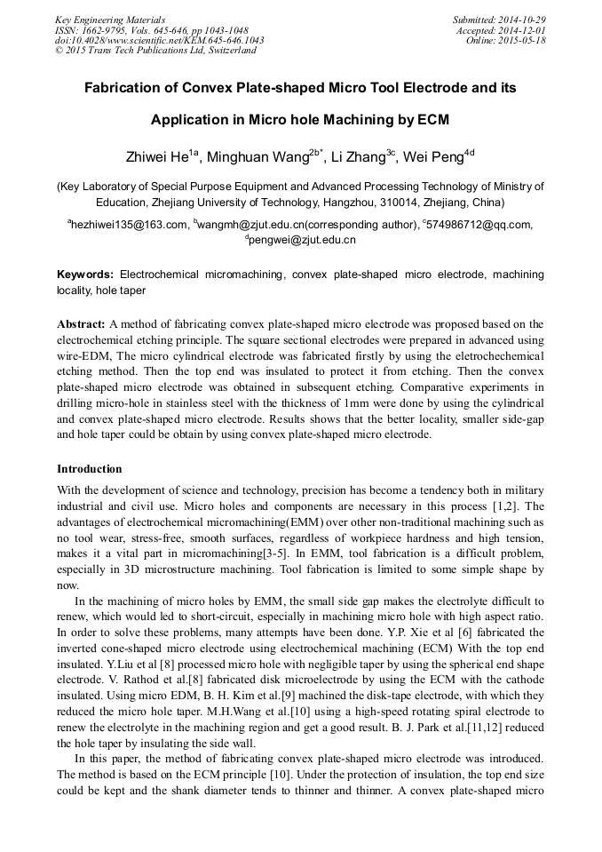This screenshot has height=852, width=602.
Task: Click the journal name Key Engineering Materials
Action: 110,20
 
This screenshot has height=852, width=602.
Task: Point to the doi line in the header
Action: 159,41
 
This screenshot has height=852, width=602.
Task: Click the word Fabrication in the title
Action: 124,89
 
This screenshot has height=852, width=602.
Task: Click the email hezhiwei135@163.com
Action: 130,225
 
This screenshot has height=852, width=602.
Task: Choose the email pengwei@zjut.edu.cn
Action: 303,240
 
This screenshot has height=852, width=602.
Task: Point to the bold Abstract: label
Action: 81,324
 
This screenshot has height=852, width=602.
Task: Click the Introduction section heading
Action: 90,468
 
